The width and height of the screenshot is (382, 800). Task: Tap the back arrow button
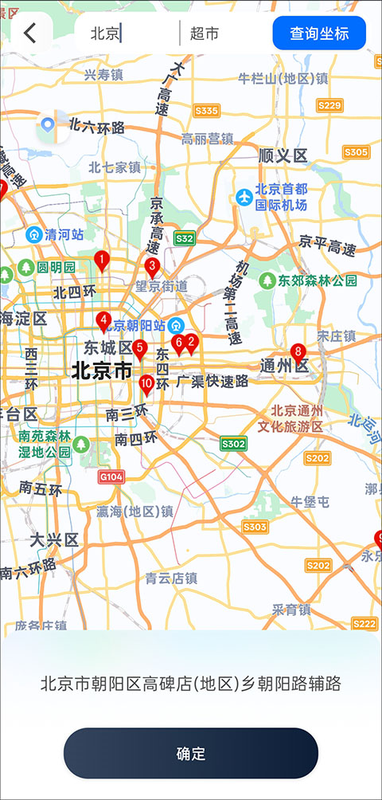point(31,33)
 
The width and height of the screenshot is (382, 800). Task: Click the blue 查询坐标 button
point(318,33)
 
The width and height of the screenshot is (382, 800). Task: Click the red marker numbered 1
point(101,260)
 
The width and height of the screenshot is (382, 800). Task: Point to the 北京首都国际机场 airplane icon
point(244,195)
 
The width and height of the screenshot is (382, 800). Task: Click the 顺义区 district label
point(283,155)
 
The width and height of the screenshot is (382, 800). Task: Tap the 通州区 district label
point(284,366)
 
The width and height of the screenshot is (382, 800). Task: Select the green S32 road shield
point(185,237)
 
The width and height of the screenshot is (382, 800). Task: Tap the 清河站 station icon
point(34,234)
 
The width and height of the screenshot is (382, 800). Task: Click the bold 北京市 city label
point(101,371)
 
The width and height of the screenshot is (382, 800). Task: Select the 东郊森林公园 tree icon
point(268,280)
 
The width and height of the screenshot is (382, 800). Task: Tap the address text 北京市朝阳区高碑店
point(190,683)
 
